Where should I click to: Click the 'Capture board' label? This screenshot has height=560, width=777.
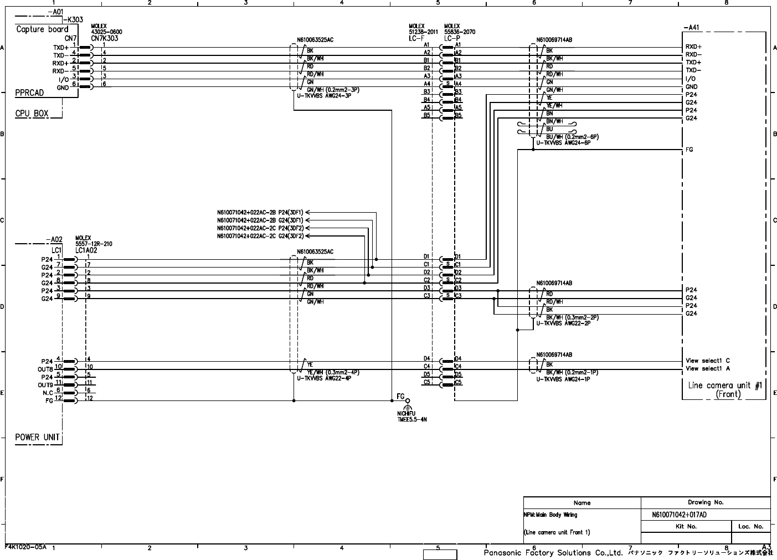42,29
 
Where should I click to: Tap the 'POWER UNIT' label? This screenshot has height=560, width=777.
37,437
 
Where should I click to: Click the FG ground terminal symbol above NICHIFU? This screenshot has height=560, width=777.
408,401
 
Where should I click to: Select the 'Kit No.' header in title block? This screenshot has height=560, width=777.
686,526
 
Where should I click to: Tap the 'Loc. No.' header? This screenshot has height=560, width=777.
751,526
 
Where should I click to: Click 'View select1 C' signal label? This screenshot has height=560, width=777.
708,361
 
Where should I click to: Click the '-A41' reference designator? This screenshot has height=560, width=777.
693,27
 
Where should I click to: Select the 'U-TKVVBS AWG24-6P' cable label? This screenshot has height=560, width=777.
563,142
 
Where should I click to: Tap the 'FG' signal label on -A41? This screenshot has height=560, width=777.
689,150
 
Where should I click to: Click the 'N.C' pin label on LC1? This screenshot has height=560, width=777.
48,392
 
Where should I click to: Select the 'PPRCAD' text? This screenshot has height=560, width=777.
29,93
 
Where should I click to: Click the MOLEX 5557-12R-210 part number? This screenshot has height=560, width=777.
94,244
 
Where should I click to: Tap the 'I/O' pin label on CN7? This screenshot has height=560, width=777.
63,79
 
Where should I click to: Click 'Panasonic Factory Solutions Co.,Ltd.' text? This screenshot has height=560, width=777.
553,553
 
